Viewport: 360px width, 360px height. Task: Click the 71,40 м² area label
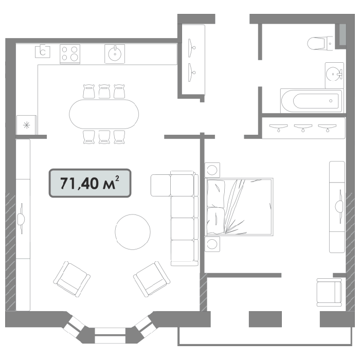[x=90, y=183]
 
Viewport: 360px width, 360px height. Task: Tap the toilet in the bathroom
[x=320, y=43]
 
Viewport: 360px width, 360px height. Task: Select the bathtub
[x=312, y=101]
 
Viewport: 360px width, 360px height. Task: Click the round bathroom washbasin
[x=333, y=74]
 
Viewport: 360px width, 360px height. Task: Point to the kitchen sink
[x=115, y=54]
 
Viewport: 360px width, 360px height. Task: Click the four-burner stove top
[x=70, y=54]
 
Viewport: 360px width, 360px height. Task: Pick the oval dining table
[x=104, y=114]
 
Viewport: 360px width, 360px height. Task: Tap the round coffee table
[x=133, y=232]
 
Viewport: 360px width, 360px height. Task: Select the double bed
[x=239, y=207]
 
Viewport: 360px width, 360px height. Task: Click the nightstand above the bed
[x=212, y=170]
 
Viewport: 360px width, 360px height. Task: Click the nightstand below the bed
[x=212, y=244]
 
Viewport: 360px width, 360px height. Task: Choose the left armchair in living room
[x=71, y=279]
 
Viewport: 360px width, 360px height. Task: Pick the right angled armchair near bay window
[x=152, y=279]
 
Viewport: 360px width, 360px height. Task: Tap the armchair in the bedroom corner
[x=329, y=293]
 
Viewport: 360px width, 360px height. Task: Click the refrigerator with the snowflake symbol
[x=27, y=125]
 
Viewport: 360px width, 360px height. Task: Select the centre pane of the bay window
[x=110, y=335]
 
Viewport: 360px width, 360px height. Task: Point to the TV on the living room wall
[x=22, y=219]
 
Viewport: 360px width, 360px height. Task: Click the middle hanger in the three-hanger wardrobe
[x=303, y=128]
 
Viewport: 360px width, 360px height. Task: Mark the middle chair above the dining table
[x=104, y=92]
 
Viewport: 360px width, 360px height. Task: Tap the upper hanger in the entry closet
[x=192, y=48]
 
